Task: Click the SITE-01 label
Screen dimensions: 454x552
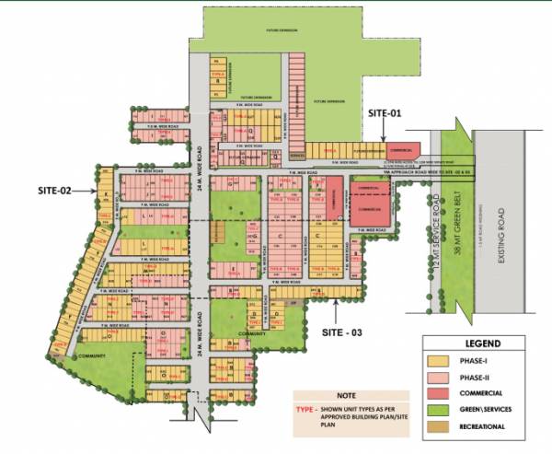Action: [x=385, y=113]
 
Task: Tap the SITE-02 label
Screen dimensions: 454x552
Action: [x=55, y=191]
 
